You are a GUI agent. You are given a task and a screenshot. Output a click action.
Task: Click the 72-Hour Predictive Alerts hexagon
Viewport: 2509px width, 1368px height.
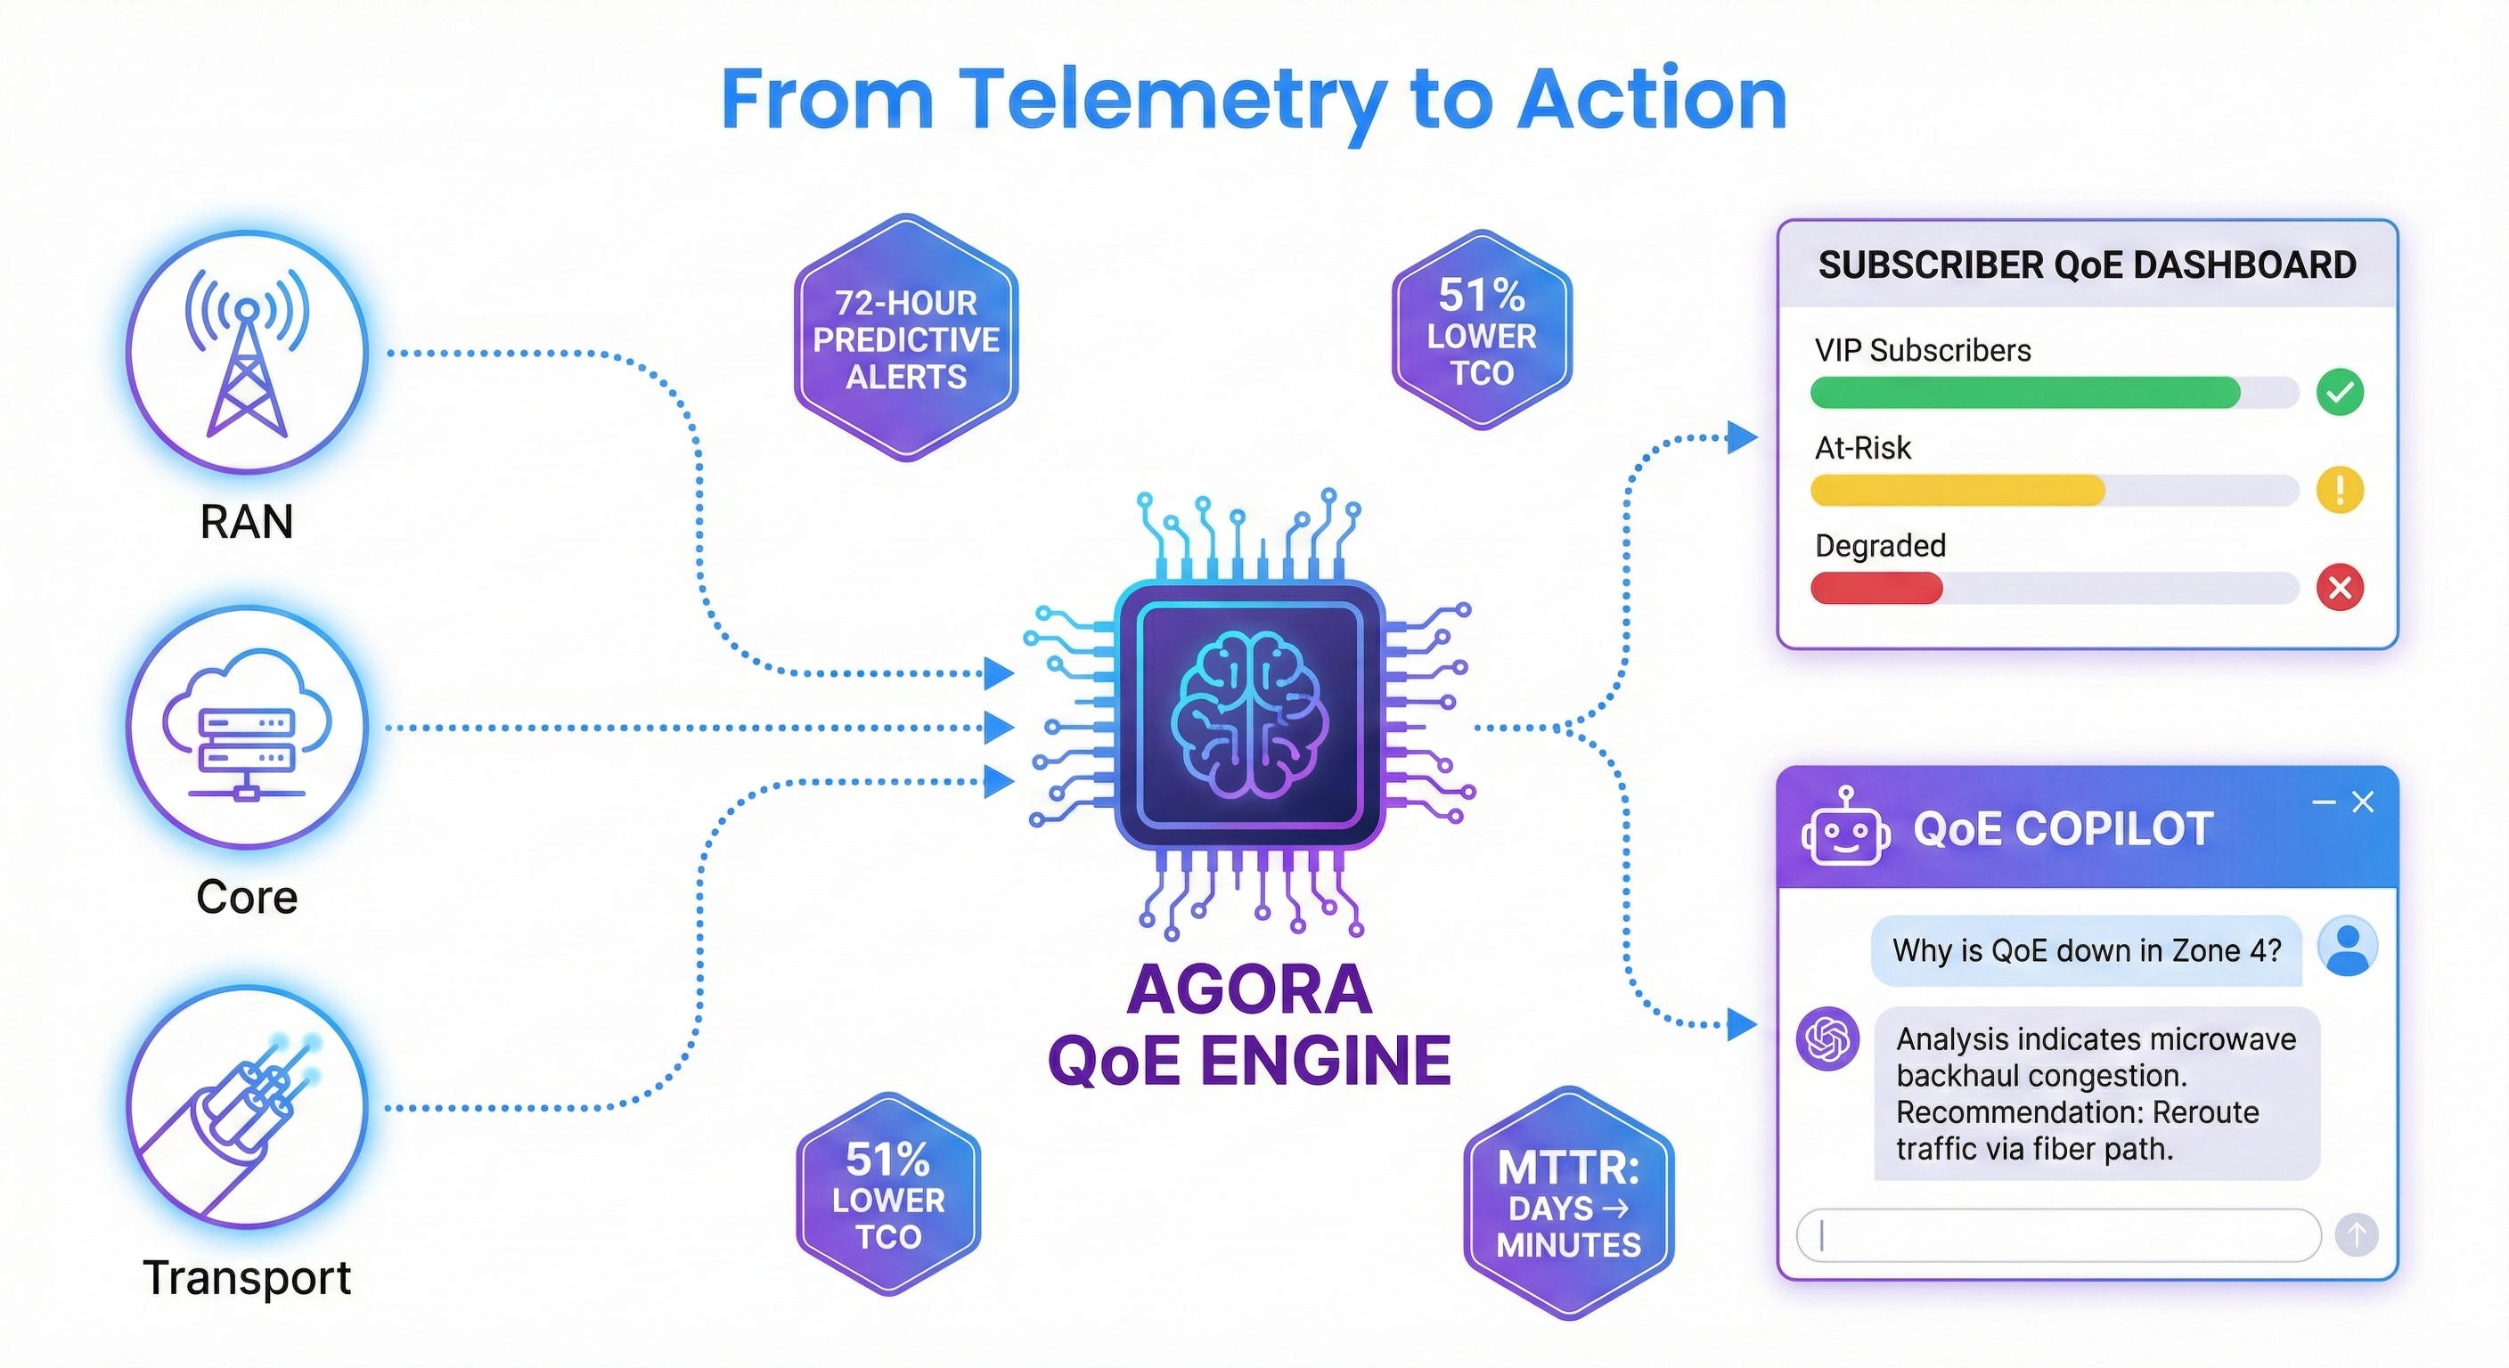pos(906,338)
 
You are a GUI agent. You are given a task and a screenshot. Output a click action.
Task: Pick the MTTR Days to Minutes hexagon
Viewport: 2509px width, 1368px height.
pos(1568,1204)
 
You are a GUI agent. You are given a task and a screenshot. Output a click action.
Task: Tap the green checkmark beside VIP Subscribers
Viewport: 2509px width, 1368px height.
pos(2340,393)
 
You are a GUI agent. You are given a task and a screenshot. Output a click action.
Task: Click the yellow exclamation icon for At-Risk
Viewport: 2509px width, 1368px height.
pos(2340,490)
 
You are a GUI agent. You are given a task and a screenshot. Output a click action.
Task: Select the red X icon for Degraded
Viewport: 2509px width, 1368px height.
pos(2340,587)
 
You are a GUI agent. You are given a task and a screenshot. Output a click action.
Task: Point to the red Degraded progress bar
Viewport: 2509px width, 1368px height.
pos(1876,588)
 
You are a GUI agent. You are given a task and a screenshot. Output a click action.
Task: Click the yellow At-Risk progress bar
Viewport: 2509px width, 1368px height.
pos(1957,491)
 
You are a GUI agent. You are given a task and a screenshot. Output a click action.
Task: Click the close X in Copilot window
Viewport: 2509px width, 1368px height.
pos(2363,802)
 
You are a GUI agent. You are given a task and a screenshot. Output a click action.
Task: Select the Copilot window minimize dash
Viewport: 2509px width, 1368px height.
pos(2324,802)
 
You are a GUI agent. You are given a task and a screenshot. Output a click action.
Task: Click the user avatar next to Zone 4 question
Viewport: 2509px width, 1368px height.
pos(2348,947)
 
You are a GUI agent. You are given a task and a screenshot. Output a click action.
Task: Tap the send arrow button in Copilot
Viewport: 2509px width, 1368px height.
pos(2356,1235)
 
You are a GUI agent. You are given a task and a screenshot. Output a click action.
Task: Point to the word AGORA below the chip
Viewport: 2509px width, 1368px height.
pos(1250,989)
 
